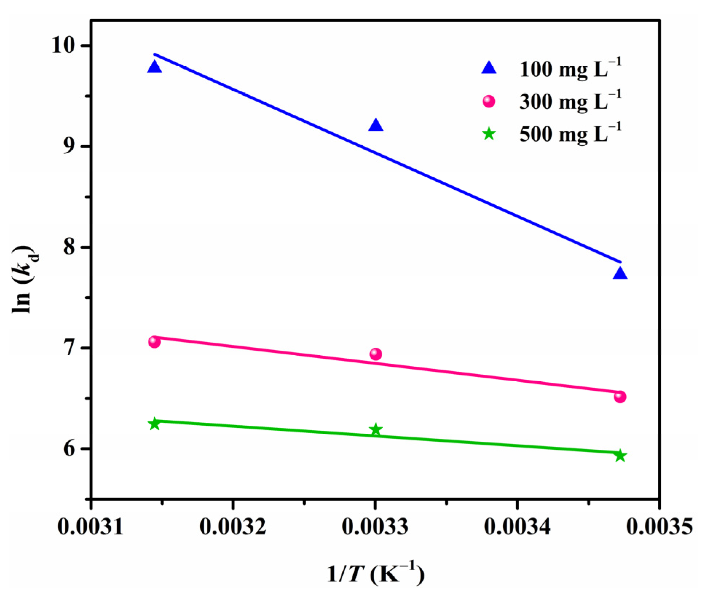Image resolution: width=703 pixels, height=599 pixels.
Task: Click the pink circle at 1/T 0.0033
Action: click(376, 354)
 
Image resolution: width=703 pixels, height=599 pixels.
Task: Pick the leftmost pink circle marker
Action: click(154, 342)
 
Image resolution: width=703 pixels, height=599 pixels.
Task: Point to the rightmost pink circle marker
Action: click(620, 397)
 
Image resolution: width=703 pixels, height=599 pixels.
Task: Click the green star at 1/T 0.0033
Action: click(376, 430)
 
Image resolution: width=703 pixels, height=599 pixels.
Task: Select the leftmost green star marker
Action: click(154, 424)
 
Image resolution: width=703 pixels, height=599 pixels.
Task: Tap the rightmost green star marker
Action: click(620, 456)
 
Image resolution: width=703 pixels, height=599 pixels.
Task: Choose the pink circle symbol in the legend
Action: click(489, 101)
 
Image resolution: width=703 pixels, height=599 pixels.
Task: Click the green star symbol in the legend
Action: click(489, 134)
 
